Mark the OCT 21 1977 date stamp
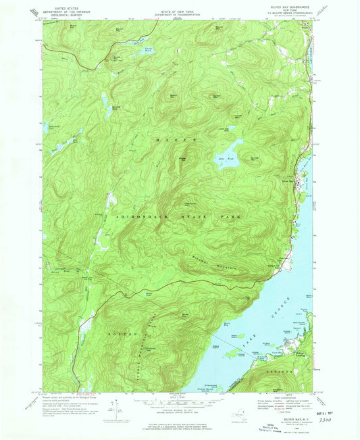point(330,409)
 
